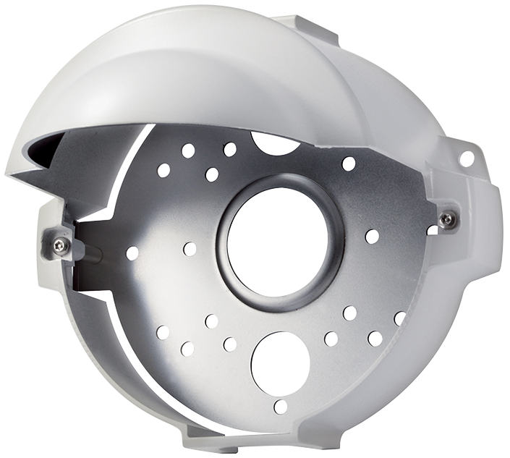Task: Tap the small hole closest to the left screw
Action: click(x=132, y=253)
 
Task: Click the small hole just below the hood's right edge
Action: click(x=349, y=163)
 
